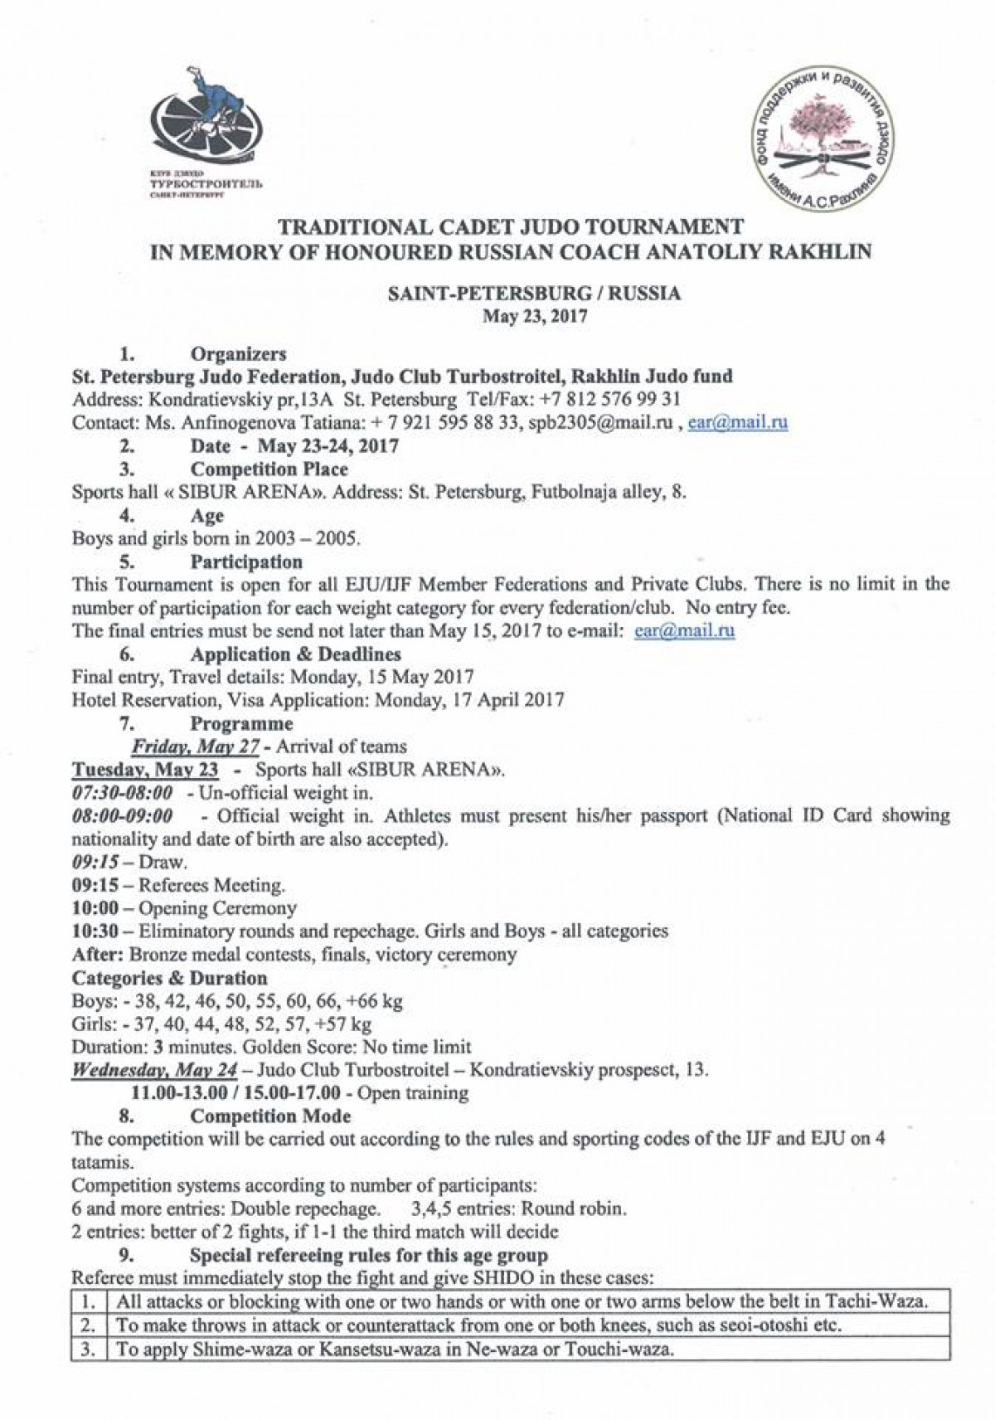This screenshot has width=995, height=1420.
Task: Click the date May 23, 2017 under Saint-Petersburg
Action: tap(536, 315)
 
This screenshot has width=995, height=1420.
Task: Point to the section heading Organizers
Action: tap(239, 354)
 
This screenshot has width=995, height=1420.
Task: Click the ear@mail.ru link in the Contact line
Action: tap(738, 422)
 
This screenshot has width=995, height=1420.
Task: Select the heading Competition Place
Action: tap(269, 469)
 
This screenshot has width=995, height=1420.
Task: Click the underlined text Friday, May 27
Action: tap(197, 746)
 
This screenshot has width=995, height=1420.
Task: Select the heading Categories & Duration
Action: tap(170, 978)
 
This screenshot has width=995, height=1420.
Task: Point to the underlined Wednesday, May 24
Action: tap(154, 1068)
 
